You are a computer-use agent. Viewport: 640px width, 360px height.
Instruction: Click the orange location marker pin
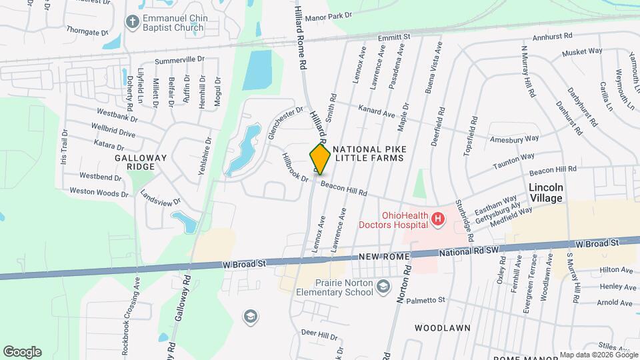click(320, 159)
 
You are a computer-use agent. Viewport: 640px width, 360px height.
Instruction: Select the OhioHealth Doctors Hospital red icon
click(438, 218)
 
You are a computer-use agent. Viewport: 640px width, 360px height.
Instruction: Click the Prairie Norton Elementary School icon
click(383, 287)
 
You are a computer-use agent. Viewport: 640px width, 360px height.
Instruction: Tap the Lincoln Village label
click(545, 193)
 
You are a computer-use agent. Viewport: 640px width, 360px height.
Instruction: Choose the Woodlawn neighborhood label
click(443, 328)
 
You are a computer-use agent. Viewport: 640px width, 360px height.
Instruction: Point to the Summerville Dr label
click(179, 59)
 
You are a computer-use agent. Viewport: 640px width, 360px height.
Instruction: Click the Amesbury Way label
click(513, 139)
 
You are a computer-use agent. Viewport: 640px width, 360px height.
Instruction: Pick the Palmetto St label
click(423, 300)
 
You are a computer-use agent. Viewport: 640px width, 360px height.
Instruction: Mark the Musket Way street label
click(582, 51)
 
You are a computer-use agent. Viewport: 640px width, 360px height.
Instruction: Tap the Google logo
click(22, 352)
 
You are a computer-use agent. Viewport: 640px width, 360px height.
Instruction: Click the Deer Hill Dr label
click(315, 332)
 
